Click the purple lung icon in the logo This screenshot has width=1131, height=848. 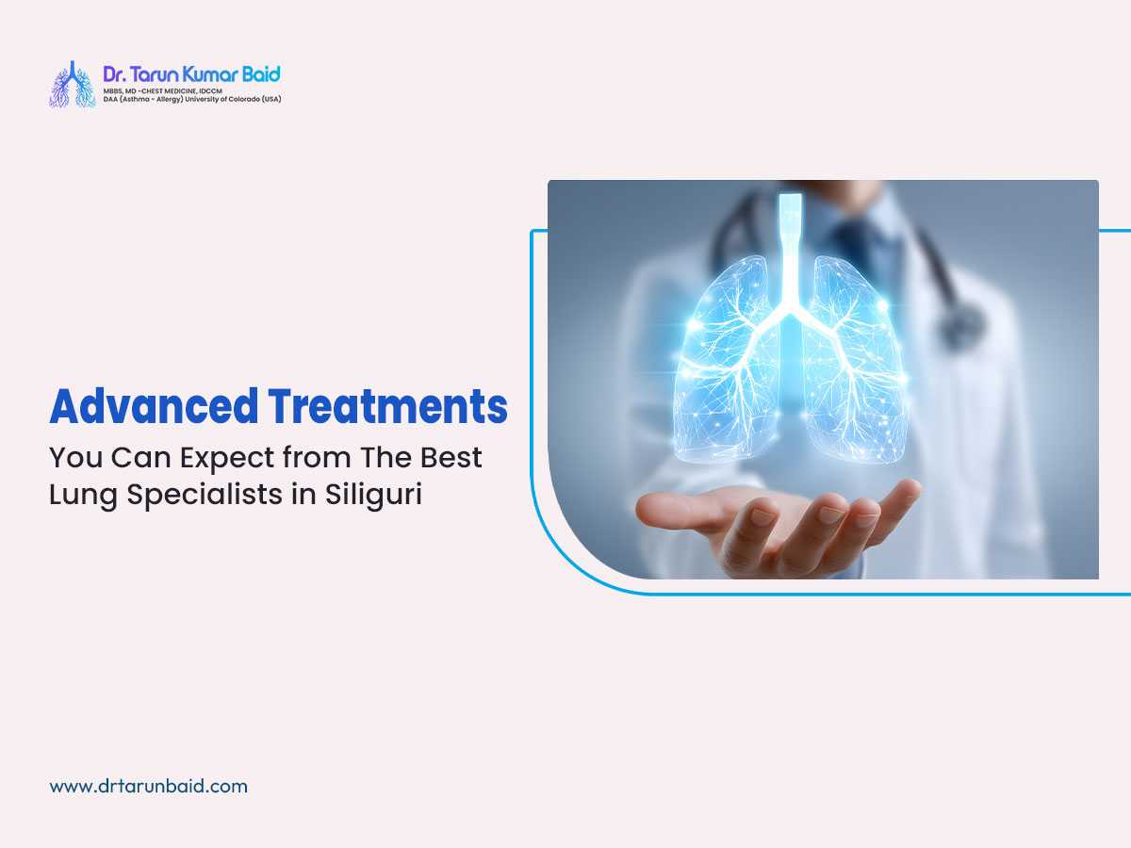[x=73, y=84]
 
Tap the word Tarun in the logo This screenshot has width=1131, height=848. [x=159, y=74]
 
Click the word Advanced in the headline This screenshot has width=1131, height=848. [x=154, y=407]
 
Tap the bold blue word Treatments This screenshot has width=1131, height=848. [x=387, y=407]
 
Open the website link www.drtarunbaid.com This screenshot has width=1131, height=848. [x=148, y=785]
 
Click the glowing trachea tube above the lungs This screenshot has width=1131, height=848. [x=790, y=245]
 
